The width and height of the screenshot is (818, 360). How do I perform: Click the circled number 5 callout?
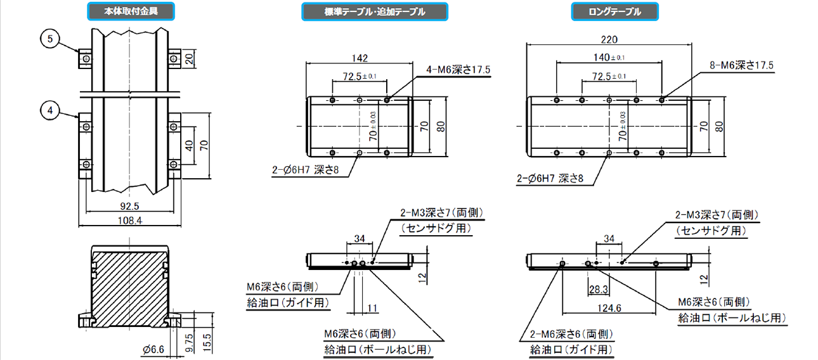[50, 39]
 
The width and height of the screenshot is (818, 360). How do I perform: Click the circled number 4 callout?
[50, 111]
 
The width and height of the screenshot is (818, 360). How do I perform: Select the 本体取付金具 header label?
[131, 11]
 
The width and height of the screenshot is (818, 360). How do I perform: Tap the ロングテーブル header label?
[614, 11]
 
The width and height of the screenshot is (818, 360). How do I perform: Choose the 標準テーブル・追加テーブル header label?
[375, 11]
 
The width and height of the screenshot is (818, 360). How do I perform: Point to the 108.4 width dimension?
[130, 221]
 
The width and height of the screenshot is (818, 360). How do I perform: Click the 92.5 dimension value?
[129, 206]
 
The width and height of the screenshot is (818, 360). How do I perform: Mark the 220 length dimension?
[609, 39]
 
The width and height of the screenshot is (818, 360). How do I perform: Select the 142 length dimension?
[360, 58]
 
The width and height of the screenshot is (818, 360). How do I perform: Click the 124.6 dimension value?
[609, 308]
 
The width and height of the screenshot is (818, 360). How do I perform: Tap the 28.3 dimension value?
[599, 290]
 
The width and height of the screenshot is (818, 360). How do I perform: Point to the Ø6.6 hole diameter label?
[153, 349]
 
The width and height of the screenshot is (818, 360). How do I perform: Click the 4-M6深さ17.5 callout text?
[458, 69]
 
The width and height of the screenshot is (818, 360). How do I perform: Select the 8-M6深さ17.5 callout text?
[741, 65]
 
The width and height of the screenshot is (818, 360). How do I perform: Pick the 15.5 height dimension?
[207, 342]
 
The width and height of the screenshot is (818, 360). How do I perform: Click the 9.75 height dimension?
[189, 343]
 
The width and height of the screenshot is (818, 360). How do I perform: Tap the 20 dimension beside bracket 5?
[190, 59]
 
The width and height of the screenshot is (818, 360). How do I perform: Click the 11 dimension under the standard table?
[372, 308]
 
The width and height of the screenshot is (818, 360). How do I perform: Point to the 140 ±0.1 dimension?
[609, 57]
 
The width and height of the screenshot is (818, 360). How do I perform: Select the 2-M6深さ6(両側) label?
[571, 334]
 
